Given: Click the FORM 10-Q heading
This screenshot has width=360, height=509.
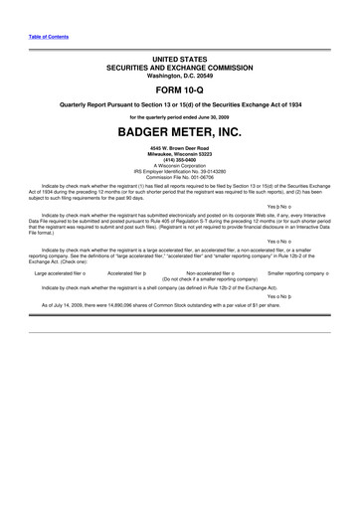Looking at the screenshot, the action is pos(179,90).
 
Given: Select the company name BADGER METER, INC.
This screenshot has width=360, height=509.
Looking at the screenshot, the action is pos(179,131).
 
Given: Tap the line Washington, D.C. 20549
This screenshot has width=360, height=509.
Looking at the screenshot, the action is pos(179,76).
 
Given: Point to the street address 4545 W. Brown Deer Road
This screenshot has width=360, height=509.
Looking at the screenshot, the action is pos(179,148).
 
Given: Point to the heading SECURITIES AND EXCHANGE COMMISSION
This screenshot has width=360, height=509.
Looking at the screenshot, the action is pos(179,68).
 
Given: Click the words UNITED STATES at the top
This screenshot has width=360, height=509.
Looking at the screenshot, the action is pos(179,60).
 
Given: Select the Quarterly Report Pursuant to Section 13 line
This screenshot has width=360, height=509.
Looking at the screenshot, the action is pos(179,105).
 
